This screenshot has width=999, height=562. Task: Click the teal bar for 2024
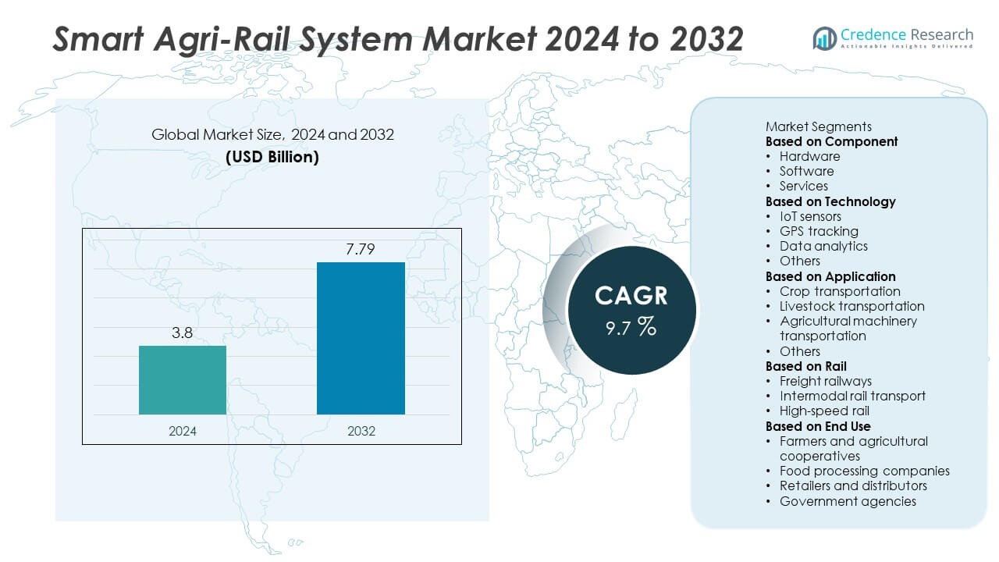tap(183, 380)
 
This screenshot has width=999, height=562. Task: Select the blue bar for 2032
tap(361, 338)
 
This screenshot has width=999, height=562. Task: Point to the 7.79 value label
tap(361, 249)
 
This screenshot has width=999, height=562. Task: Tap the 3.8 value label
tap(183, 333)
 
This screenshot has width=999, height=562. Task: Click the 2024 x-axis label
tap(183, 431)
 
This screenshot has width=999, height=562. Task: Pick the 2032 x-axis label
tap(361, 431)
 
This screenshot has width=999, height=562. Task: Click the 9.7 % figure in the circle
tap(631, 327)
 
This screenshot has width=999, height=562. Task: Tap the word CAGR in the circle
tap(631, 295)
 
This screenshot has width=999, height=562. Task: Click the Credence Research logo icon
tap(824, 37)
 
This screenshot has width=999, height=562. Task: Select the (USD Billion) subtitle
tap(272, 156)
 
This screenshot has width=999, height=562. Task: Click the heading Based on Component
tap(831, 141)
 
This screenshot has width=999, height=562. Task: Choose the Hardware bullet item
tap(809, 156)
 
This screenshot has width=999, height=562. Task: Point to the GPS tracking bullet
tap(819, 231)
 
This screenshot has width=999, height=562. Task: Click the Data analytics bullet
tap(823, 246)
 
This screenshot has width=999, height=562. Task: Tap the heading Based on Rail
tap(805, 366)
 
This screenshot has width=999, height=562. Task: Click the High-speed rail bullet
tap(824, 411)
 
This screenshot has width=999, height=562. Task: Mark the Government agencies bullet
tap(848, 501)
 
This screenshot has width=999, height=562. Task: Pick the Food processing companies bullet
tap(864, 471)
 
